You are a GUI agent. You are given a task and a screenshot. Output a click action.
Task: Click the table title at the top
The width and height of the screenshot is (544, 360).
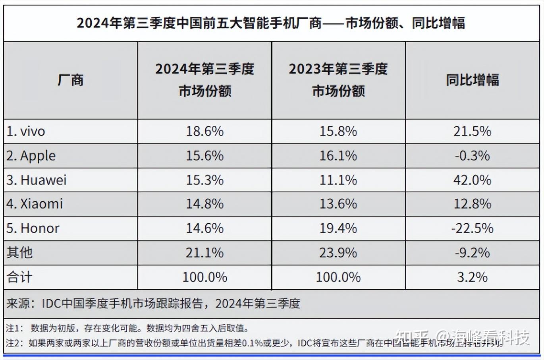pos(271,23)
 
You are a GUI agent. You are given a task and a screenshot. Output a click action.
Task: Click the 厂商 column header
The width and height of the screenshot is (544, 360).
pos(70,80)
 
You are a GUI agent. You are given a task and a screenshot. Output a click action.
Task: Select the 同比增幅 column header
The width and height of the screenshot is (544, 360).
pos(472,80)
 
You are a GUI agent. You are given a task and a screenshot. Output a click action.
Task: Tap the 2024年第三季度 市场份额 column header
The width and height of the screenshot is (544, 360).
pos(204,80)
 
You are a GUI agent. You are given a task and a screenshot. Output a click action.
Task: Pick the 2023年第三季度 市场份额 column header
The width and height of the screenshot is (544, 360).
pos(338,80)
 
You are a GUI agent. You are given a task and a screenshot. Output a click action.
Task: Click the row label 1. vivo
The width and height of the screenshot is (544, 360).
pos(26,132)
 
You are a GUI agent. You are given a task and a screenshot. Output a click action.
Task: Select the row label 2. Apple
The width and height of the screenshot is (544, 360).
pos(31,156)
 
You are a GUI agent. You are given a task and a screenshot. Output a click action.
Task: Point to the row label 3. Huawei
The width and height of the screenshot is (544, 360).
pos(37,180)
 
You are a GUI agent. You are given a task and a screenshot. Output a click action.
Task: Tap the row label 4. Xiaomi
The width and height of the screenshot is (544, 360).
pos(35,204)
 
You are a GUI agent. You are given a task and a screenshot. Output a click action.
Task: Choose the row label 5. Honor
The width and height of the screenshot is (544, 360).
pos(33,228)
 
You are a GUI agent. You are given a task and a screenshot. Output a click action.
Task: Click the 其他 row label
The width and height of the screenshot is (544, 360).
pos(19,253)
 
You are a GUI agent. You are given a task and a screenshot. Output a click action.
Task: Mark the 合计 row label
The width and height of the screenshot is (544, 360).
pos(19,277)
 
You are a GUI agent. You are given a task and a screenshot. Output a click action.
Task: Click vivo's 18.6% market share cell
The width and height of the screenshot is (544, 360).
pos(204,132)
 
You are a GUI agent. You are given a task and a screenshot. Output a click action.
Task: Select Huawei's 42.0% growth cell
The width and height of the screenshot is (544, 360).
pos(472,180)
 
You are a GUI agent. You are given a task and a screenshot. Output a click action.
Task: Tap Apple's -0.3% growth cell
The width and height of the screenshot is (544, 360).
pos(472,156)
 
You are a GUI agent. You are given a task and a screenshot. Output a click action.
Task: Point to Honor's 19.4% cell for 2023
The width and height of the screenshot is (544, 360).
pos(338,228)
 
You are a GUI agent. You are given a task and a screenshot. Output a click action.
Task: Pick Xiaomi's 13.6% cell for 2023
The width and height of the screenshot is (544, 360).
pos(338,204)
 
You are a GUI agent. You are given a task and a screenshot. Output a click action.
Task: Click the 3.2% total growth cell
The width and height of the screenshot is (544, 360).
pos(472,277)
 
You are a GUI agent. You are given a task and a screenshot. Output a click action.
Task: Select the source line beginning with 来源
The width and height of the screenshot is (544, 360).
pos(153,304)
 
